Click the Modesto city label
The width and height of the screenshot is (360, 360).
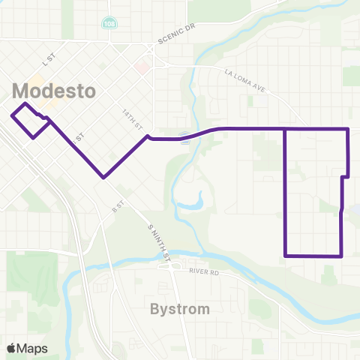pyautogui.click(x=55, y=91)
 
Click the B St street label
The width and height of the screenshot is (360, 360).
pyautogui.click(x=117, y=205)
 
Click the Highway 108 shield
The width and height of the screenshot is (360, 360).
pyautogui.click(x=110, y=25)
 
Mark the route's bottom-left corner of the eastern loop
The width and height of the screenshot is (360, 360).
pyautogui.click(x=286, y=256)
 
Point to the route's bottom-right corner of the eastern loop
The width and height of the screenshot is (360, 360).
pyautogui.click(x=341, y=256)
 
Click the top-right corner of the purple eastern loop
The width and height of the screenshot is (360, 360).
pyautogui.click(x=349, y=129)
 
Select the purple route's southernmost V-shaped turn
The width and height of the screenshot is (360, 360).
pyautogui.click(x=103, y=178)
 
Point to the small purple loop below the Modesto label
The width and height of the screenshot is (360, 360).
pyautogui.click(x=31, y=120)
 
